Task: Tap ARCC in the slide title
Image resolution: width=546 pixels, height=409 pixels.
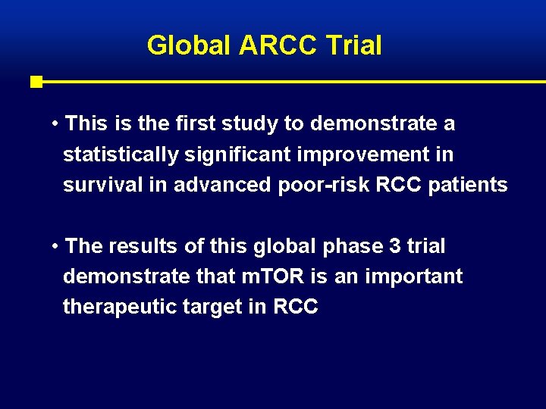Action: pyautogui.click(x=278, y=45)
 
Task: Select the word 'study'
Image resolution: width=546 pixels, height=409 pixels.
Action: pyautogui.click(x=265, y=123)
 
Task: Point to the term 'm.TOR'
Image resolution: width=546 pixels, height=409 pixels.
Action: pyautogui.click(x=275, y=277)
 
